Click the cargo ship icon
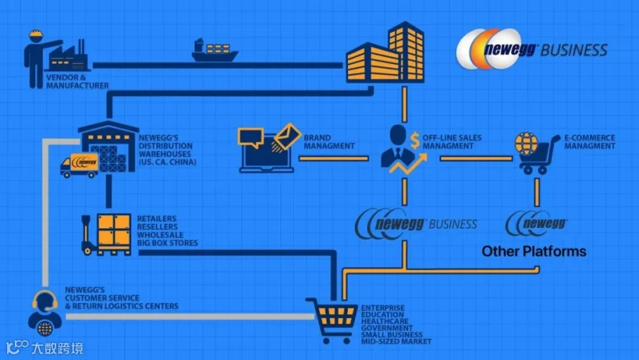coord(214,50)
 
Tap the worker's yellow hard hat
coord(36,35)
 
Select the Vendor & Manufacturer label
coord(77,82)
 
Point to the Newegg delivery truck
coord(80,165)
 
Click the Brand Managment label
coord(329,142)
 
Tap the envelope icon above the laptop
coord(288,136)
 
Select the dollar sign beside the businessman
coord(415,141)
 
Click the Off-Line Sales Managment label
coord(452,142)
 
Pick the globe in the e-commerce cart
coord(526,143)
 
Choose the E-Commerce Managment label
coord(589,142)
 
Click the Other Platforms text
coord(534,251)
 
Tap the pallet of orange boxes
coord(106,234)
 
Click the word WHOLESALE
coord(160,235)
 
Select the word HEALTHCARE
coord(384,321)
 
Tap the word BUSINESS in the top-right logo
coord(574,50)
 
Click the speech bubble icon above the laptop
coord(251,138)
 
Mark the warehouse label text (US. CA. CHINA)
coord(168,162)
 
